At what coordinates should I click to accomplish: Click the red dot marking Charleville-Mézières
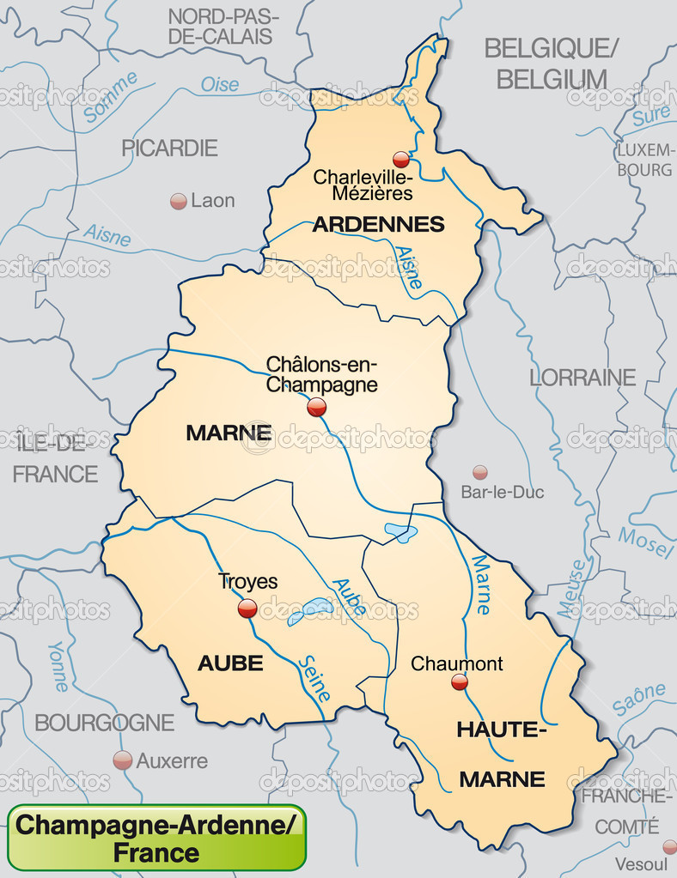click(400, 159)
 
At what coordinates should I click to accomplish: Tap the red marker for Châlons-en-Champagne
click(317, 407)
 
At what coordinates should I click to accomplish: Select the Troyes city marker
click(247, 609)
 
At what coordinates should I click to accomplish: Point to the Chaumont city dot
click(460, 682)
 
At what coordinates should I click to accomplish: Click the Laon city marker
click(179, 201)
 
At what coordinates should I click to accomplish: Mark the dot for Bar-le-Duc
click(480, 472)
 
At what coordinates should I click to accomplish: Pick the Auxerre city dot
click(123, 760)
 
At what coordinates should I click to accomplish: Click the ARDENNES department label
click(378, 225)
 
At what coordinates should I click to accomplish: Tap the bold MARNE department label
click(229, 433)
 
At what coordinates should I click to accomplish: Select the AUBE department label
click(230, 663)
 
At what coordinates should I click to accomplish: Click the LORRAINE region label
click(582, 378)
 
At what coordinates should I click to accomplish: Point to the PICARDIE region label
click(169, 148)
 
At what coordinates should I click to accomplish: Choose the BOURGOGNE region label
click(105, 723)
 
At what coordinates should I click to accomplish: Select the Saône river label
click(639, 698)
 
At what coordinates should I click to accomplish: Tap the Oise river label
click(220, 85)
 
